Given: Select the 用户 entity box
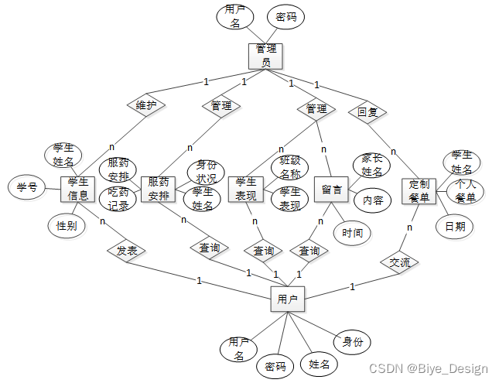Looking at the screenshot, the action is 288,298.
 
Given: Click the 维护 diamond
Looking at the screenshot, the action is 147,105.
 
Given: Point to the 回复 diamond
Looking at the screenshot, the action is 367,112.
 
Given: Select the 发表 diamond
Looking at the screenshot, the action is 127,251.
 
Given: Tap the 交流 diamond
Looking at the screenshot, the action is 400,262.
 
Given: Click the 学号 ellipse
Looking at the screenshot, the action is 27,187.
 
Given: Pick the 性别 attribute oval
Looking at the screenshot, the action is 67,226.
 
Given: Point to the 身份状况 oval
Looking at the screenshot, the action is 207,172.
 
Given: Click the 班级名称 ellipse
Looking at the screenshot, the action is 290,166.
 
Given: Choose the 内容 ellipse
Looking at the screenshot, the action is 373,200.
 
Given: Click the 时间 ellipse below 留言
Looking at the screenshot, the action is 352,232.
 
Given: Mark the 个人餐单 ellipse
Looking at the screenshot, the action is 465,191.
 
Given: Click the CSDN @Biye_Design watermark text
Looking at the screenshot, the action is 429,370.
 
